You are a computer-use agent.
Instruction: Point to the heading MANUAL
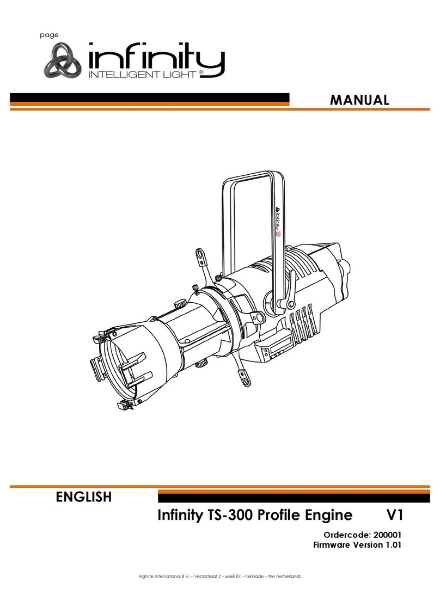[x=360, y=100]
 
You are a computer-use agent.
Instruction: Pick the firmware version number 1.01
[x=390, y=544]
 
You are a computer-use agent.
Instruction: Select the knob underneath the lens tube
[x=203, y=360]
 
